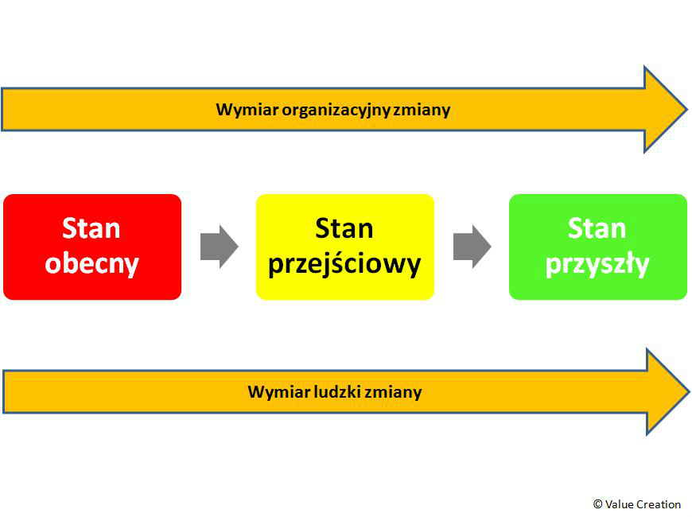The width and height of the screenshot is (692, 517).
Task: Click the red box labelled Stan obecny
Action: [x=92, y=247]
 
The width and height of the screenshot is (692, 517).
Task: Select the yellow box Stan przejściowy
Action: [x=345, y=247]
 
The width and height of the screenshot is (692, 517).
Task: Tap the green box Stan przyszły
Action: [x=598, y=247]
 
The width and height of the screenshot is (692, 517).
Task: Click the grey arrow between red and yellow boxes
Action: [x=220, y=247]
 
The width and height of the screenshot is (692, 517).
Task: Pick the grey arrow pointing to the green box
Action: [x=472, y=247]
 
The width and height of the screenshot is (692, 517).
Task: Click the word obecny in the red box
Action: [x=92, y=264]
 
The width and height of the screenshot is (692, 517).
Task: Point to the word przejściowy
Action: [x=344, y=264]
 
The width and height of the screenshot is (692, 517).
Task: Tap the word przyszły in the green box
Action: [x=597, y=264]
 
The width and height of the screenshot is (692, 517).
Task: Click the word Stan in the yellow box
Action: [x=344, y=228]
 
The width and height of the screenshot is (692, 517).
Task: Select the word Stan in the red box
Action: [x=91, y=228]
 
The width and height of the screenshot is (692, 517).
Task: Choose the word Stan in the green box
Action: [x=597, y=228]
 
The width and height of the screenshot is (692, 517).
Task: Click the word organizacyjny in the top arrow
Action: [x=336, y=111]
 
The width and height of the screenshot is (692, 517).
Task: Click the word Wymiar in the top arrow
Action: [x=247, y=110]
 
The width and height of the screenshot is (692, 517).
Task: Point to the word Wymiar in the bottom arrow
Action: [x=279, y=391]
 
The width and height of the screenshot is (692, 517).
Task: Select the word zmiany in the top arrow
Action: [x=422, y=111]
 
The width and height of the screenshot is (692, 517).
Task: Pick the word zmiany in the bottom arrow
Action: [x=394, y=392]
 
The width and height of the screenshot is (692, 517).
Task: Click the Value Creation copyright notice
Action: [x=637, y=504]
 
